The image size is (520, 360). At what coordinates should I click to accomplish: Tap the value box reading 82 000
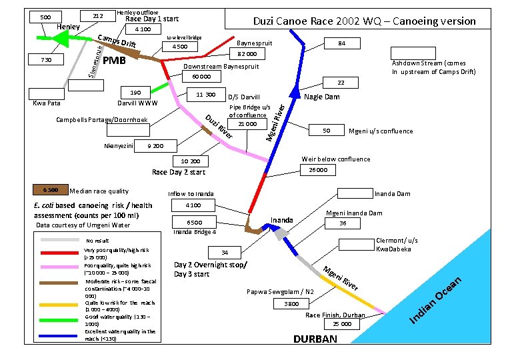point(247,53)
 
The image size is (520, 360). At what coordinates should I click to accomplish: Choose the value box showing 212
point(97,16)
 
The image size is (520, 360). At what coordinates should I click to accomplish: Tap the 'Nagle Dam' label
point(322,97)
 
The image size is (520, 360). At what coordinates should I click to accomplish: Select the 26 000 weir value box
point(318,170)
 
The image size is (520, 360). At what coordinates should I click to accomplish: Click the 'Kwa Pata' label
point(47,103)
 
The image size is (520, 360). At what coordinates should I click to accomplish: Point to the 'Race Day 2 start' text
point(178,172)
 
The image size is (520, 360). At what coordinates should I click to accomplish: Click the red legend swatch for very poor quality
point(61,253)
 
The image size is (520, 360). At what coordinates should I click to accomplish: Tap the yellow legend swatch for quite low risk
point(61,304)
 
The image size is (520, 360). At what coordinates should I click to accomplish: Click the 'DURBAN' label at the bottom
point(315,339)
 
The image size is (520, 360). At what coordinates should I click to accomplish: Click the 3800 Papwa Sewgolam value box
point(291,303)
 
